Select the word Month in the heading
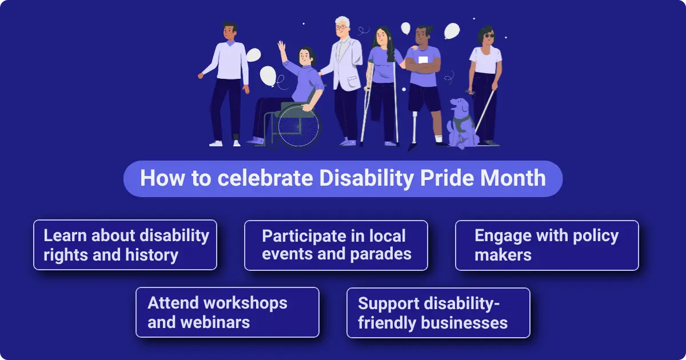(513, 178)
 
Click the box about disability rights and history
(125, 245)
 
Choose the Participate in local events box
(336, 245)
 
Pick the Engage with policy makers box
(547, 245)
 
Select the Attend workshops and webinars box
(227, 312)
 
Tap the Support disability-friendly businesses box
(438, 312)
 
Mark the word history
(151, 255)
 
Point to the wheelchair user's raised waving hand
(281, 46)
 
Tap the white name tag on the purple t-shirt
(423, 59)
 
